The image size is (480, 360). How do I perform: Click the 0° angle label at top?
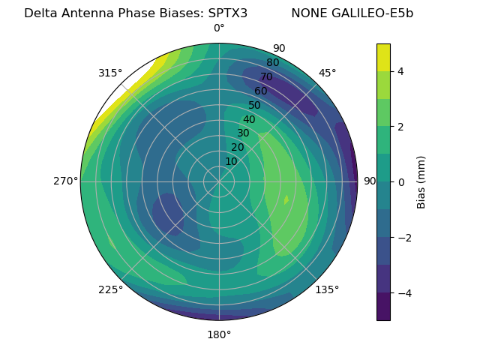tap(219, 28)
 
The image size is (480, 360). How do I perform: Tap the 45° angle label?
tap(327, 73)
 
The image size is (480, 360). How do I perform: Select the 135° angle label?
tap(327, 289)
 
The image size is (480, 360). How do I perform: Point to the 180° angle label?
tap(219, 334)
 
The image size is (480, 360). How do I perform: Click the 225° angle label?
tap(110, 289)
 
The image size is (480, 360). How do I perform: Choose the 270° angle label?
tap(65, 181)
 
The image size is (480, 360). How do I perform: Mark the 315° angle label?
tap(110, 73)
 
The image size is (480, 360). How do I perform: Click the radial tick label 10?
tap(231, 161)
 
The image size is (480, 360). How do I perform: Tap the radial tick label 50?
tap(254, 105)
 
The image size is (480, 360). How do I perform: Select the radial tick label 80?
tap(272, 62)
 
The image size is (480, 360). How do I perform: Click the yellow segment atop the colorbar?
tap(383, 57)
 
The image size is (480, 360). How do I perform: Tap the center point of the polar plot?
tap(219, 181)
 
